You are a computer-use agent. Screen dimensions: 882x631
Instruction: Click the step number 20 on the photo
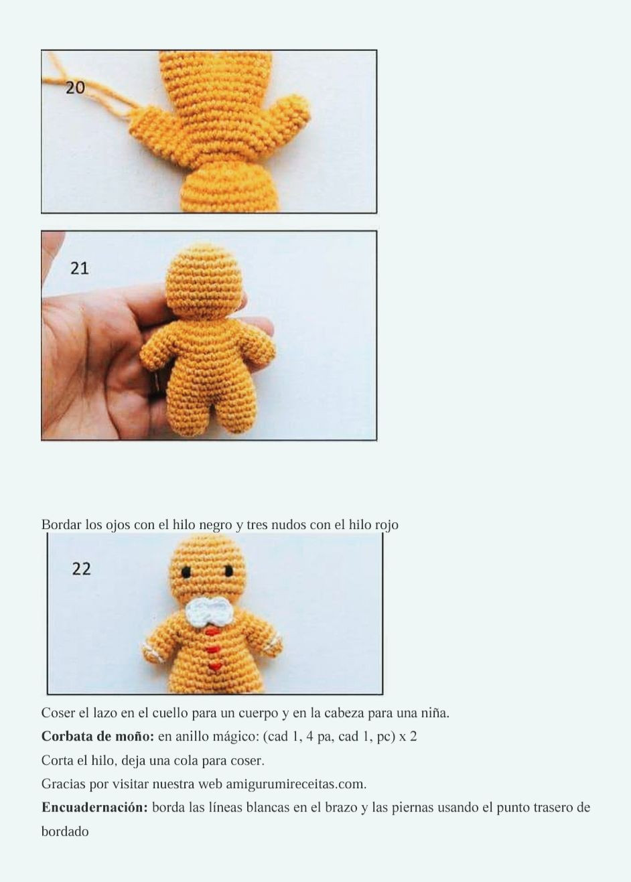(75, 88)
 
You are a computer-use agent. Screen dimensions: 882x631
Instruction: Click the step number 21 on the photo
(79, 269)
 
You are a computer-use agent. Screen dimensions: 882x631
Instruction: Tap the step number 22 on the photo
(81, 569)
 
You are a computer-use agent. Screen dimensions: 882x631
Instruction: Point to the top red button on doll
(212, 632)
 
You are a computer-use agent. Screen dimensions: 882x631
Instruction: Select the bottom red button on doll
(214, 666)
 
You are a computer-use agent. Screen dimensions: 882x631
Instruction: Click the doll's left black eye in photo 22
(186, 573)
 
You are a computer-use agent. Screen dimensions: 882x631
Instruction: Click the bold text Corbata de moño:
(97, 737)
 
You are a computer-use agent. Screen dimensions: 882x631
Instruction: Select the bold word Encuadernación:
(94, 808)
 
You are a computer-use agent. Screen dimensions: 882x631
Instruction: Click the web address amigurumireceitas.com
(295, 784)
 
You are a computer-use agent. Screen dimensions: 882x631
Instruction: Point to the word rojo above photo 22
(386, 525)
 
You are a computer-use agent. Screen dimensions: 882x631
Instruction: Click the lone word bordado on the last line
(65, 832)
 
